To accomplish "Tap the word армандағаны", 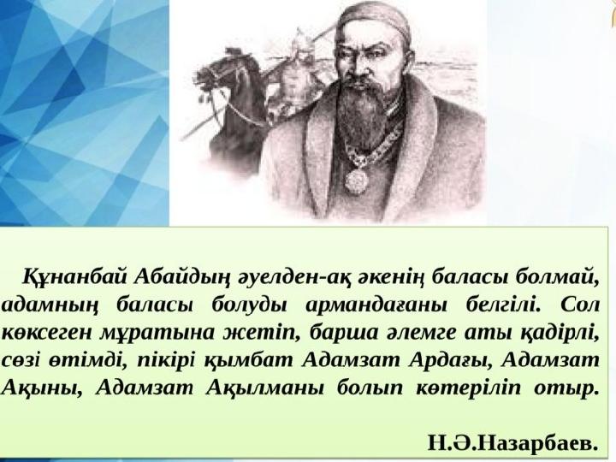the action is pyautogui.click(x=376, y=305).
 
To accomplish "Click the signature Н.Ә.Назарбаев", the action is pyautogui.click(x=513, y=443).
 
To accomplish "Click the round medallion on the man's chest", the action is pyautogui.click(x=356, y=181).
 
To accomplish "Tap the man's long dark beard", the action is pyautogui.click(x=359, y=106).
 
